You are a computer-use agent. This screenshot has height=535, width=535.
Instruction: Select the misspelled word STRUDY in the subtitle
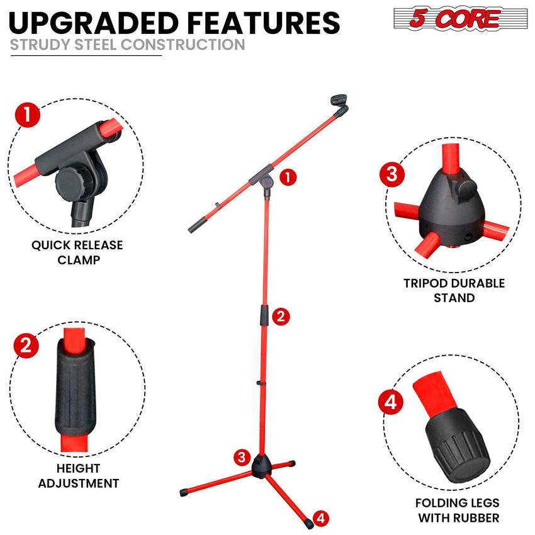37,45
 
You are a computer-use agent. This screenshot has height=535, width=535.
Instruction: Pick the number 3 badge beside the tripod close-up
391,174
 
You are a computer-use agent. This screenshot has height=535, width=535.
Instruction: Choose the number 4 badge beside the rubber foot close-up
390,402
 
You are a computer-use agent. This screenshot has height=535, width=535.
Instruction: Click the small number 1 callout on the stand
288,177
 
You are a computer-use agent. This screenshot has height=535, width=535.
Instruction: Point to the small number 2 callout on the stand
283,317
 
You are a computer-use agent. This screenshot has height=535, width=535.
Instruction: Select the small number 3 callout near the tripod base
242,457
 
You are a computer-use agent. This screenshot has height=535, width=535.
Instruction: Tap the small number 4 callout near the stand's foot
321,518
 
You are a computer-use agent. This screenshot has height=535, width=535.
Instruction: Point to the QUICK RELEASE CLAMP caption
77,252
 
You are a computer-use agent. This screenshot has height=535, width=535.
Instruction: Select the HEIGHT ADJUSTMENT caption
78,476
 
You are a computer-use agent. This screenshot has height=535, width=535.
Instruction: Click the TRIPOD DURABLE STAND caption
454,290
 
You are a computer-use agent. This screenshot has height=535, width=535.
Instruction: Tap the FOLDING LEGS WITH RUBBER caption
457,510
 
